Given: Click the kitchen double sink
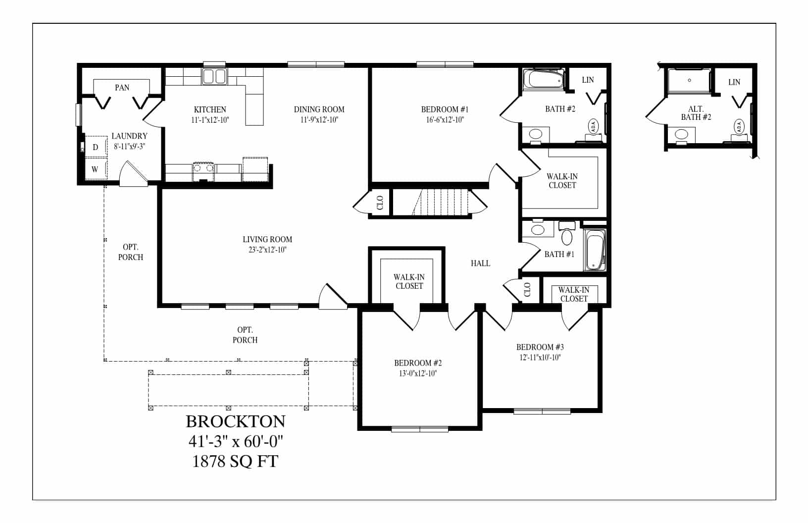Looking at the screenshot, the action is coord(214,77).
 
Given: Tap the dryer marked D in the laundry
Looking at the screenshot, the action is coord(96,147).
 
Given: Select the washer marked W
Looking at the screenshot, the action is coord(96,168).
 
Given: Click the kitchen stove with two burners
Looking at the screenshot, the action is coord(203,172).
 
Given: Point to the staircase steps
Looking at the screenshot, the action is coord(441,202).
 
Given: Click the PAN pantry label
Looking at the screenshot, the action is coord(122,87).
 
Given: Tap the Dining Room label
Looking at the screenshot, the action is coord(319,109).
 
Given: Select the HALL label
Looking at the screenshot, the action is coord(480,263).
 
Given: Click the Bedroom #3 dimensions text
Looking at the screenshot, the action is coord(540,357).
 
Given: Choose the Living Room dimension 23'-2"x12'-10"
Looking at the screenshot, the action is coord(267,250).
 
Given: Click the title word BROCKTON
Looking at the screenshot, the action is coord(236,421).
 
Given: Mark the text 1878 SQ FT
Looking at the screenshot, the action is coord(235,461).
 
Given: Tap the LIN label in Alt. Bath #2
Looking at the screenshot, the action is coord(734,82).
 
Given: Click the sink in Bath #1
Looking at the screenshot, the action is coord(538,230).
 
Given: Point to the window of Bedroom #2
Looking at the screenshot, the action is coord(420,429).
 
